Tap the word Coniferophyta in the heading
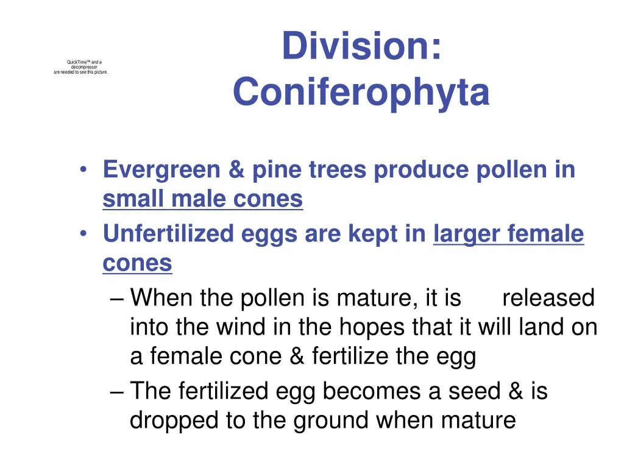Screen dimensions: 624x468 coord(361,92)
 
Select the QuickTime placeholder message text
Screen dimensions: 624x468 coord(81,67)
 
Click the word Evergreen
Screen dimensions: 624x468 coord(161,170)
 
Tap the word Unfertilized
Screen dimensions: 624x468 coord(168,233)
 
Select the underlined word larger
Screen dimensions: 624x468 coord(466,234)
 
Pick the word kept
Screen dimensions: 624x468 coord(373,234)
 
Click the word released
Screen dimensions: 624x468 coord(548,297)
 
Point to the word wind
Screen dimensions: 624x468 coord(240,327)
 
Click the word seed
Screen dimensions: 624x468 coord(474,391)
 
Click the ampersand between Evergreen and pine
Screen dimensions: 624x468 coord(236,170)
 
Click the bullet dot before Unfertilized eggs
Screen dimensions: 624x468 coord(83,233)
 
